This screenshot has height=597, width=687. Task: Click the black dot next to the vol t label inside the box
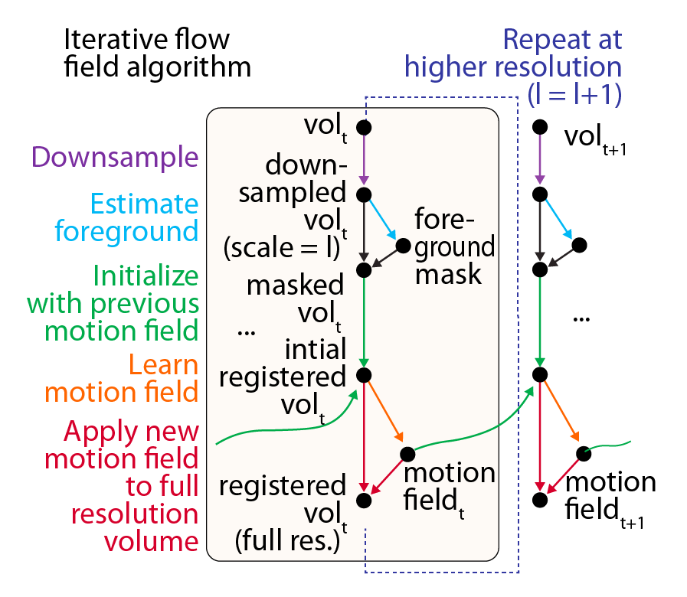(x=364, y=127)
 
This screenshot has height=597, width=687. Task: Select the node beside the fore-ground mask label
(x=404, y=246)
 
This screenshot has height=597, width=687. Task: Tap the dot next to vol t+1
(x=539, y=127)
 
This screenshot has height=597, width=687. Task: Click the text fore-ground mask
(x=454, y=246)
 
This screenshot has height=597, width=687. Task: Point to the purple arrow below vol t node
(x=364, y=161)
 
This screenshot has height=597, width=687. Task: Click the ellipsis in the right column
(x=582, y=317)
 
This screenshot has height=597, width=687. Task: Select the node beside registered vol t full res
(x=364, y=501)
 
